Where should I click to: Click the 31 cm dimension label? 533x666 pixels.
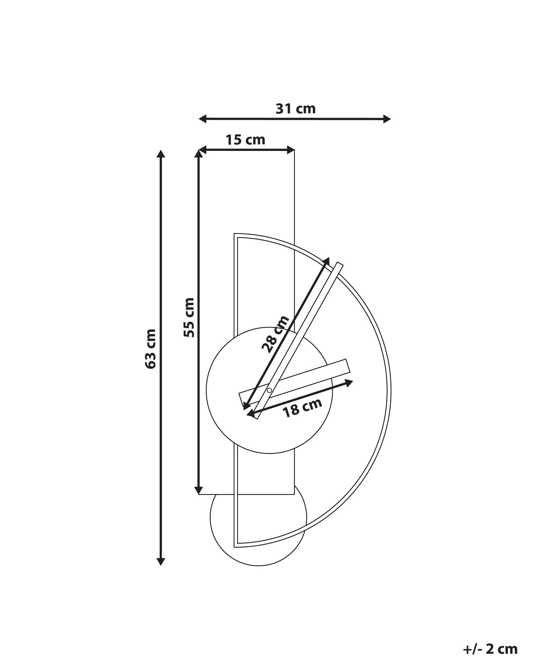tap(296, 108)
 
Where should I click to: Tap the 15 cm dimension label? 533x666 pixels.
tap(245, 140)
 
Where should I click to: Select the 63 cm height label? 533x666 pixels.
tap(150, 349)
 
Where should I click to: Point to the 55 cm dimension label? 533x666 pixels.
tap(189, 318)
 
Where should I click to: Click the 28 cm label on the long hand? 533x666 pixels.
tap(276, 334)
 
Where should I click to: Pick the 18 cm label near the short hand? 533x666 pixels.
tap(303, 408)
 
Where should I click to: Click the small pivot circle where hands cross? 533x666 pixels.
tap(269, 390)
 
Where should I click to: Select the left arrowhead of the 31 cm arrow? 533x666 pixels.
tap(202, 119)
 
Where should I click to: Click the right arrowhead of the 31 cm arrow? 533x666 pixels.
tap(387, 119)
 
